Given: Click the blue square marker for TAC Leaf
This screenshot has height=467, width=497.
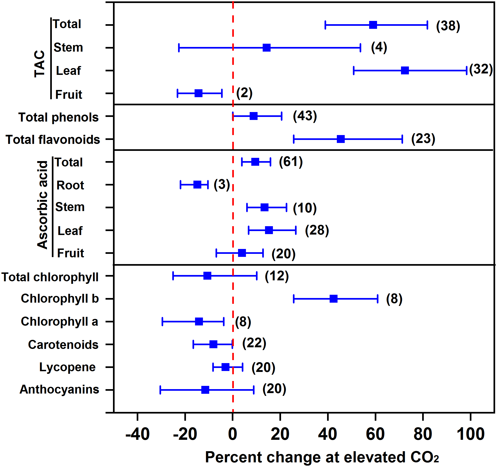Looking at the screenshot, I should tap(405, 70).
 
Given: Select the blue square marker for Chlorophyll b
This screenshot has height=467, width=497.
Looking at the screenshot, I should tap(334, 298).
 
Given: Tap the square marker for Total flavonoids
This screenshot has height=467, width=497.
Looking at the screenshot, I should tap(341, 139).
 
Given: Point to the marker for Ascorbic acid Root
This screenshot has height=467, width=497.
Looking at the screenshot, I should tap(197, 185).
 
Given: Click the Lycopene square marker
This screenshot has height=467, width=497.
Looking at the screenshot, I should tap(225, 367).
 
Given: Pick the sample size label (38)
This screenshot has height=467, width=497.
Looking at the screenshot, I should tap(448, 26).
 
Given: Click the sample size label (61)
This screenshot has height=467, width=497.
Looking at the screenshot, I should tap(291, 162).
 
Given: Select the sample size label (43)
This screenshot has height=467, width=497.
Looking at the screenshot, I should tap(305, 116).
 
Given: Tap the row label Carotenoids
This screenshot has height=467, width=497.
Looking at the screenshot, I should tap(63, 344).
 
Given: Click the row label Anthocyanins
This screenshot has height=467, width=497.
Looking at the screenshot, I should tap(59, 389).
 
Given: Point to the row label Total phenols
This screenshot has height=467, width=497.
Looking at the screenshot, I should tap(58, 117).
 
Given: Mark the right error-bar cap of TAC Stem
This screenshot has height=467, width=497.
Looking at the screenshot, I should tap(360, 47).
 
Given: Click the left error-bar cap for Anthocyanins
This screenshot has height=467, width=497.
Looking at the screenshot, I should tap(160, 390).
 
